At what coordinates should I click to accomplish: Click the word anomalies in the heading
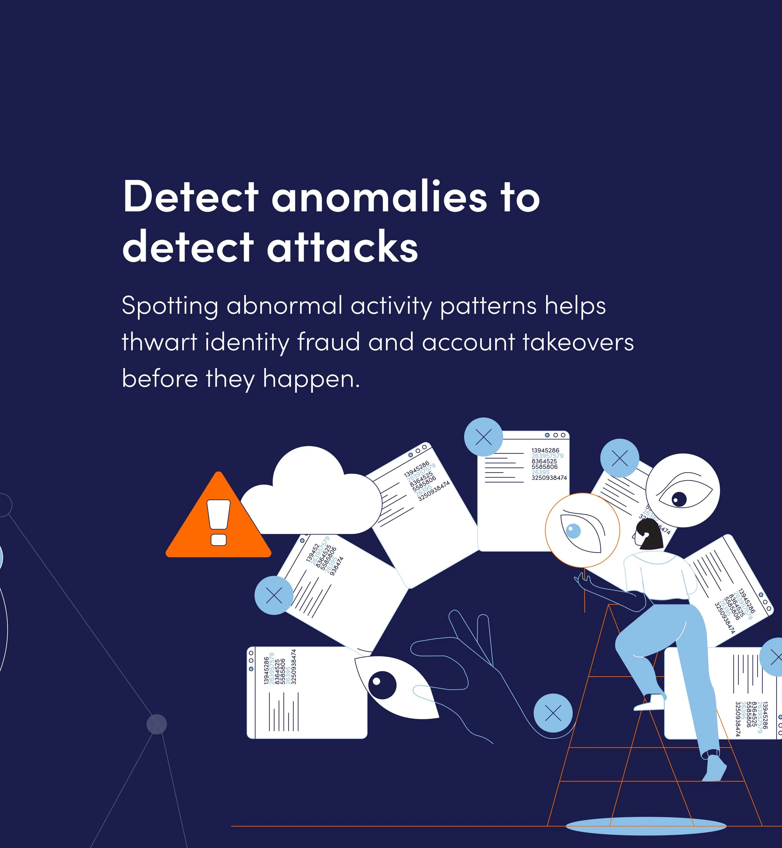[x=379, y=197]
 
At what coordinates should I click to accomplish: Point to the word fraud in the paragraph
[x=328, y=342]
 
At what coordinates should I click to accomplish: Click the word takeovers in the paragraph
[x=578, y=342]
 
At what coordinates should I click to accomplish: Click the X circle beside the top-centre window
[x=483, y=437]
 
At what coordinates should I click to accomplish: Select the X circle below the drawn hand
[x=553, y=713]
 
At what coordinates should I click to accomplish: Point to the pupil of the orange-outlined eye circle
[x=573, y=531]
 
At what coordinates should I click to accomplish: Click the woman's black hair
[x=650, y=534]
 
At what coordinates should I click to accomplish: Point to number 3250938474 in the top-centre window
[x=549, y=478]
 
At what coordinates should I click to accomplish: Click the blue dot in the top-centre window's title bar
[x=547, y=435]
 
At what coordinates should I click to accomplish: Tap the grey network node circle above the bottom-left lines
[x=157, y=724]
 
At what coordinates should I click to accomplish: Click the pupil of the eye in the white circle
[x=679, y=499]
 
